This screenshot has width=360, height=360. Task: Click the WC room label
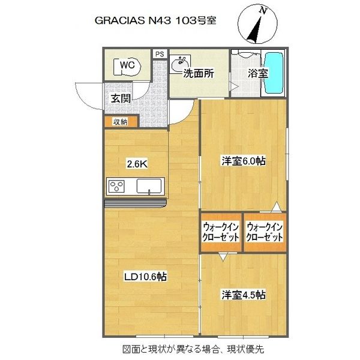pos(127,65)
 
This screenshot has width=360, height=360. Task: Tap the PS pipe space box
pos(160,54)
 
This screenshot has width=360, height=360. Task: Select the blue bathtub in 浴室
pos(274,73)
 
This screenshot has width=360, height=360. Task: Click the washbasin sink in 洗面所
pos(180,64)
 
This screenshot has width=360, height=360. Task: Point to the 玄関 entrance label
pos(121,98)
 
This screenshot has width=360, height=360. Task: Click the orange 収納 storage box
pos(121,122)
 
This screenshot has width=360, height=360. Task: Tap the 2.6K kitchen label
pos(137,164)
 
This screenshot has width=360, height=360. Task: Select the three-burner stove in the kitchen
pos(117,186)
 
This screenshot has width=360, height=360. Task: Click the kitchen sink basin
pos(149,186)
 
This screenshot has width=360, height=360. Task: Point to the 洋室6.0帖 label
pos(244,161)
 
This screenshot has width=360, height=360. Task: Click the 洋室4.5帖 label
pos(244,295)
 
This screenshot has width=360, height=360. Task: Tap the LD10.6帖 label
pos(145,277)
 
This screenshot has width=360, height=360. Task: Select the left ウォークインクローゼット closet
pos(221,232)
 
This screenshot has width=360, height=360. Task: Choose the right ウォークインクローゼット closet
pos(265,232)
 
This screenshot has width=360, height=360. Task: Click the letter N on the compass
pos(263,11)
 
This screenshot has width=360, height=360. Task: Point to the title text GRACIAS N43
pos(133,20)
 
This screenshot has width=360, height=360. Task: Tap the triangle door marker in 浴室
pos(235,87)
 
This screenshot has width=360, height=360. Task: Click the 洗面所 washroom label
pos(199,73)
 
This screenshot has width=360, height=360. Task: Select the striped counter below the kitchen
pos(136,203)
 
